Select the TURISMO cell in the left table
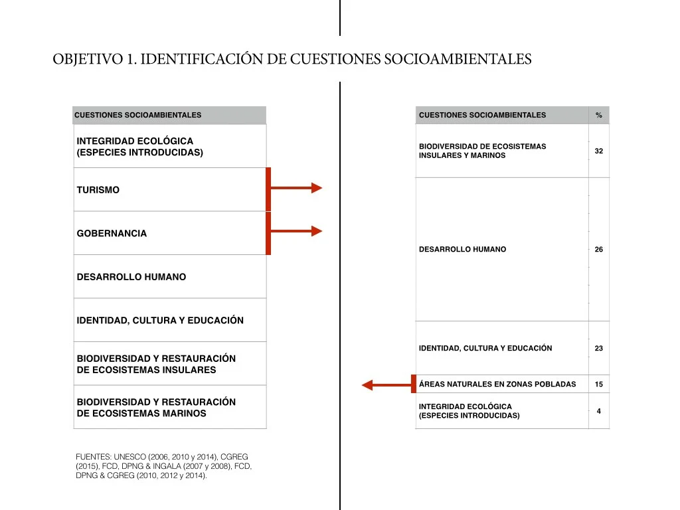tap(98, 190)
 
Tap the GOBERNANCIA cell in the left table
tap(112, 234)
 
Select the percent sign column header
tap(599, 116)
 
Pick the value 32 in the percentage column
tap(599, 151)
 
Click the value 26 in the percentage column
tap(599, 250)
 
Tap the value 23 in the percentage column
tap(599, 349)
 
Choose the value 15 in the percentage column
tap(599, 384)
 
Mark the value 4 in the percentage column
tap(599, 411)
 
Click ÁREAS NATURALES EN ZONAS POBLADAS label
tap(497, 384)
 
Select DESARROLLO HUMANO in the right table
tap(462, 250)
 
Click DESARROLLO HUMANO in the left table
tap(131, 277)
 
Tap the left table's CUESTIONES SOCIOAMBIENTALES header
tap(137, 116)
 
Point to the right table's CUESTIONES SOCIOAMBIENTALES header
tap(482, 116)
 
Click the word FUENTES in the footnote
tap(93, 457)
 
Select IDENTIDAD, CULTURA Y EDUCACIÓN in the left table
tap(160, 321)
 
